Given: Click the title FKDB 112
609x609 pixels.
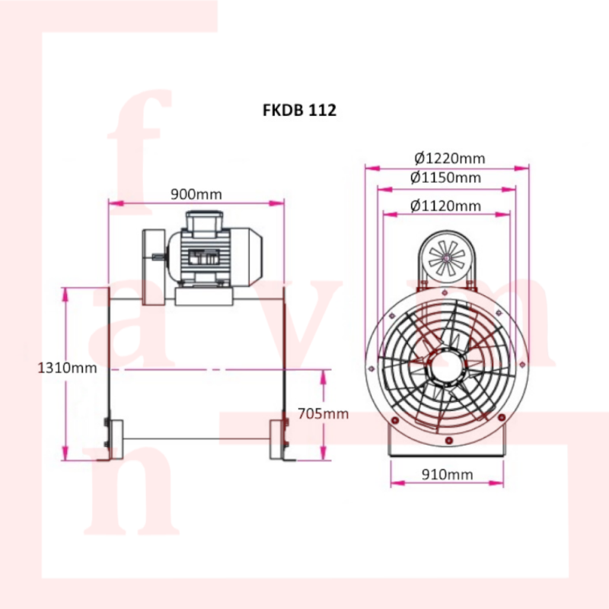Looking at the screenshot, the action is click(x=299, y=110).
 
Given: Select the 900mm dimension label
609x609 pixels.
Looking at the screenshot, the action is click(x=196, y=194).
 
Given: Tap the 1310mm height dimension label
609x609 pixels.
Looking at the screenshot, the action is click(x=67, y=368).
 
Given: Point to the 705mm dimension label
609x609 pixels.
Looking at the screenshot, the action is click(x=323, y=413).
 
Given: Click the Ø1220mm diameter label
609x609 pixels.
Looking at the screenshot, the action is click(x=450, y=158).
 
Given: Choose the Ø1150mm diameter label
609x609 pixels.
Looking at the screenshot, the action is click(x=445, y=177).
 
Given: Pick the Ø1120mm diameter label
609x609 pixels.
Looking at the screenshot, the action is click(x=445, y=206).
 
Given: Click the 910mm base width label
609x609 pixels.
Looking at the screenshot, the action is click(x=448, y=474).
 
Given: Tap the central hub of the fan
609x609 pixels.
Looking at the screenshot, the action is click(x=447, y=367).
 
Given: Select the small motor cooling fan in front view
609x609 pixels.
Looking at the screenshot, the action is click(x=447, y=257).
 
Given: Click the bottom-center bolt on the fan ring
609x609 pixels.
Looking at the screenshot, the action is click(x=449, y=441).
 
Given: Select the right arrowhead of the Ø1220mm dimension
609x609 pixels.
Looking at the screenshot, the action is click(x=521, y=167).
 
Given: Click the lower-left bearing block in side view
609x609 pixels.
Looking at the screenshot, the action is click(x=116, y=439).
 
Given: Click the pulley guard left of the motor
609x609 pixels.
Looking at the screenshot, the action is click(x=155, y=267).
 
